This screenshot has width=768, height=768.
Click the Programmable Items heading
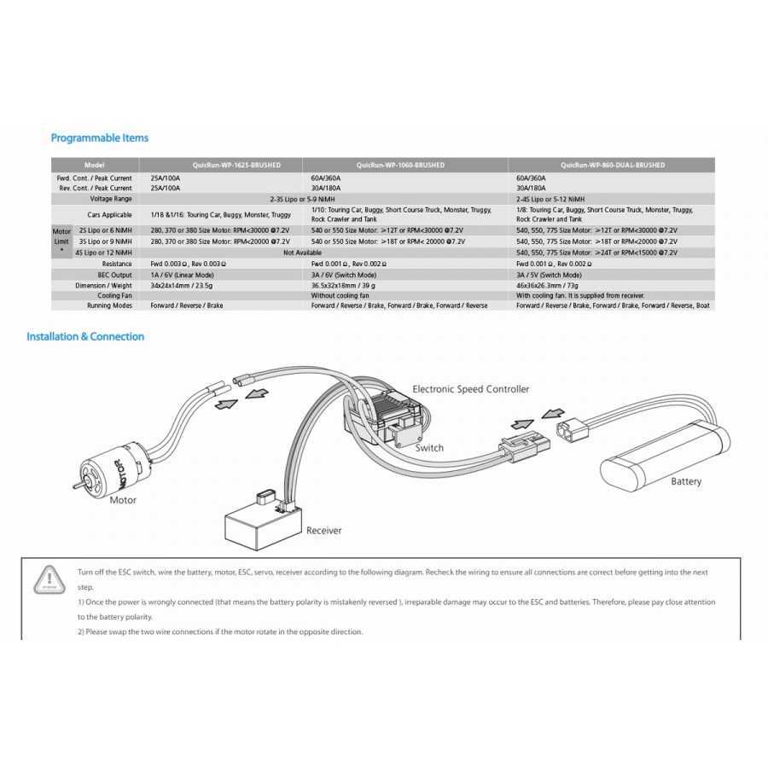pyautogui.click(x=100, y=137)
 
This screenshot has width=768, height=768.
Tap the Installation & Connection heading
pyautogui.click(x=85, y=336)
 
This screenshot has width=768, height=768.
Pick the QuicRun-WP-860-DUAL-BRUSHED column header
pyautogui.click(x=613, y=165)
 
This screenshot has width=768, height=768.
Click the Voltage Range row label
pyautogui.click(x=109, y=197)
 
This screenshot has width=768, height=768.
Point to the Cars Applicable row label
pyautogui.click(x=109, y=214)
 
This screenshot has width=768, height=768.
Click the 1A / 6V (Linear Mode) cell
pyautogui.click(x=182, y=275)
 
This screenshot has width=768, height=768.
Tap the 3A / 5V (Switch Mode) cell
pyautogui.click(x=549, y=275)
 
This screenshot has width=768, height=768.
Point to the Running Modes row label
pyautogui.click(x=109, y=305)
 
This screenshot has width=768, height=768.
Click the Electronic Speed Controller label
pyautogui.click(x=470, y=389)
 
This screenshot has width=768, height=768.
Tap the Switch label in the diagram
pyautogui.click(x=429, y=447)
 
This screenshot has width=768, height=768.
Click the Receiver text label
pyautogui.click(x=323, y=530)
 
